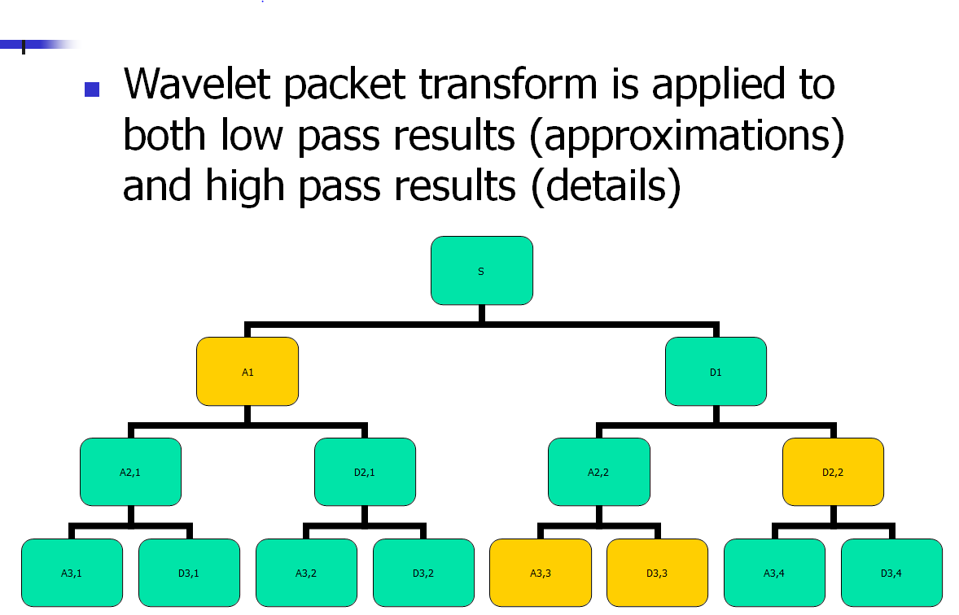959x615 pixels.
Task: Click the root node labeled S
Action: click(481, 270)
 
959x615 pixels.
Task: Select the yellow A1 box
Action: click(247, 371)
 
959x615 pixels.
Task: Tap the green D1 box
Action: click(716, 371)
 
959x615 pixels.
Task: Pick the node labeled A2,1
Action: click(130, 472)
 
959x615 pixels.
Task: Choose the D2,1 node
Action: click(365, 472)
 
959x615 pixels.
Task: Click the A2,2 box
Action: click(598, 472)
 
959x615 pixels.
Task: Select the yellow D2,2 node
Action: click(833, 472)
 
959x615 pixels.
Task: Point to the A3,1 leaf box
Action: click(72, 573)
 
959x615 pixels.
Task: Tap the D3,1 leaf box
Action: click(189, 573)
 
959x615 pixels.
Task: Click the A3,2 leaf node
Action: click(306, 573)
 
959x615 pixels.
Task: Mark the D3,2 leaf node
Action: click(423, 573)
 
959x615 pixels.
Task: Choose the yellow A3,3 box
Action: click(540, 573)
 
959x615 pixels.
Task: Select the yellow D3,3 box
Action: click(657, 573)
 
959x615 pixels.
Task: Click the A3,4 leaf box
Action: click(774, 573)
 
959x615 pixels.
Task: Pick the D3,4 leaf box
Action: click(891, 573)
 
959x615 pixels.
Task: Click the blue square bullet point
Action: click(92, 89)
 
